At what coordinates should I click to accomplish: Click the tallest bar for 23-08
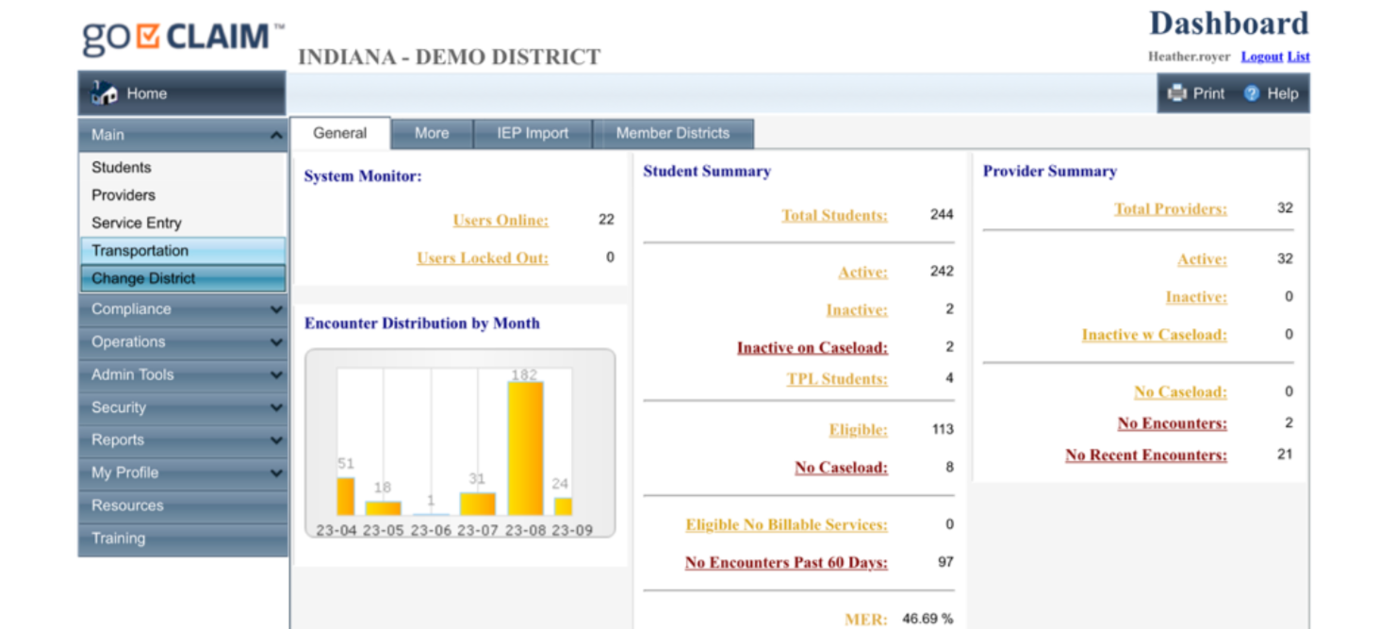525,448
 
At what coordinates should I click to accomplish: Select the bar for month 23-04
346,496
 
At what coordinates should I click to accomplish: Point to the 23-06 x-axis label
431,530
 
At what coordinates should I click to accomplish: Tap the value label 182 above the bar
524,374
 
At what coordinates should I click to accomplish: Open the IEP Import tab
533,133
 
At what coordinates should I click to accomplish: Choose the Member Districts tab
672,133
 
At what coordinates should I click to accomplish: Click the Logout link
1261,57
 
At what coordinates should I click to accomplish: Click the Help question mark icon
1252,93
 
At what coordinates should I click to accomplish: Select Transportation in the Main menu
139,251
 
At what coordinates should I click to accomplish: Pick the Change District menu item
143,278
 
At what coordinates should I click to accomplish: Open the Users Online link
500,220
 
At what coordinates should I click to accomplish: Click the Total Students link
834,215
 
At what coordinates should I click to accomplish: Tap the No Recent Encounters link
1145,455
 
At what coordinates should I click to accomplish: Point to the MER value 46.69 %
927,619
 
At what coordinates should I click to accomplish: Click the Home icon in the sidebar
104,93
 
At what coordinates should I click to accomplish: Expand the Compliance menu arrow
275,309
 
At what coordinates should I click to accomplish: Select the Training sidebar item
118,538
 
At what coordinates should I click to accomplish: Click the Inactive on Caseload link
812,347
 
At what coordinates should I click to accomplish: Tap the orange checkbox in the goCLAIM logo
148,36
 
